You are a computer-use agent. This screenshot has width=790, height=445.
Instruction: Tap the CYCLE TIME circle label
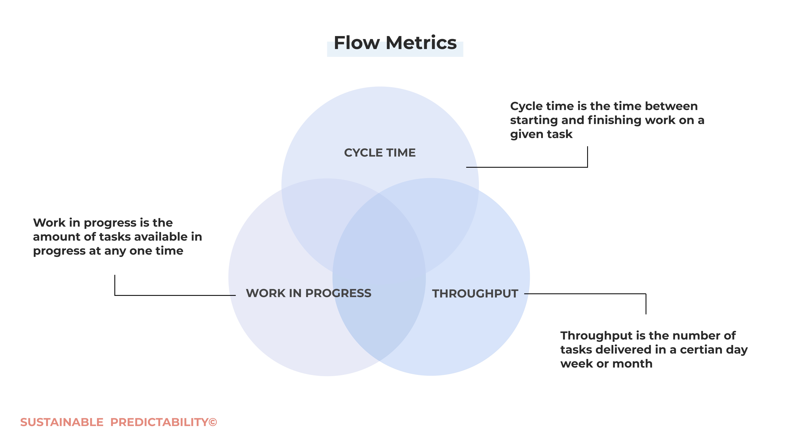click(380, 153)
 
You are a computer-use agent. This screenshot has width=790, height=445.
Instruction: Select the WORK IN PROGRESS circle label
click(309, 293)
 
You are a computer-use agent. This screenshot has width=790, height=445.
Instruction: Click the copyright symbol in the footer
click(213, 422)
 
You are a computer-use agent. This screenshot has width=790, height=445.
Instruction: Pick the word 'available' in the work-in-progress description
click(163, 237)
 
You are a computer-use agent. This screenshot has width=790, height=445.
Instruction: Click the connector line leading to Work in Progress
click(175, 295)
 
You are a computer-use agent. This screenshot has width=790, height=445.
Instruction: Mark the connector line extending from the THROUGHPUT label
click(585, 294)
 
